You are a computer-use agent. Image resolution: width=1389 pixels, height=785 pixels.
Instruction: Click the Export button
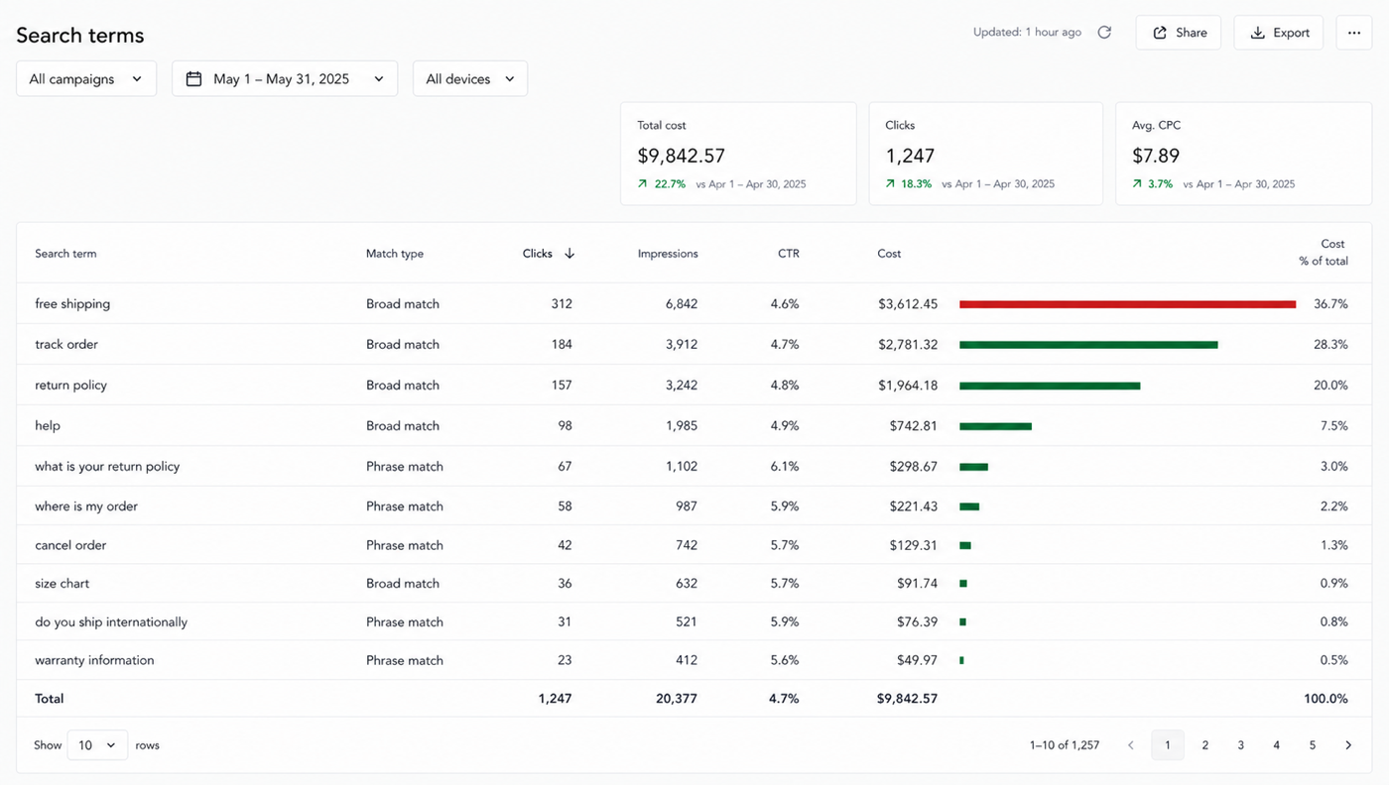pyautogui.click(x=1278, y=33)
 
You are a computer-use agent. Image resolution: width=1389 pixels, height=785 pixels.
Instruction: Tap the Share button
pyautogui.click(x=1179, y=33)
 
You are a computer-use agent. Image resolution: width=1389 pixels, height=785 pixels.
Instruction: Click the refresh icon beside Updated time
pyautogui.click(x=1104, y=33)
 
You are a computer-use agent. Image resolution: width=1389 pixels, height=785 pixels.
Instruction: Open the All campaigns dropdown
pyautogui.click(x=86, y=78)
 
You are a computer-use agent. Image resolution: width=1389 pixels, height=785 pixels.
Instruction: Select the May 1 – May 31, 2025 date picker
pyautogui.click(x=285, y=78)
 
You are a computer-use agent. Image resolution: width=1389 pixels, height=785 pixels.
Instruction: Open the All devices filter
pyautogui.click(x=470, y=78)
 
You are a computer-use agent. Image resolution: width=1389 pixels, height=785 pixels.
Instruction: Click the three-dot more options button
pyautogui.click(x=1354, y=33)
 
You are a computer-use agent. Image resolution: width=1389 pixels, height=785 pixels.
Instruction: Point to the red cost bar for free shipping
pyautogui.click(x=1127, y=304)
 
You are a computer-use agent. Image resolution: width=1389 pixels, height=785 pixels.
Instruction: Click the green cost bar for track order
pyautogui.click(x=1088, y=345)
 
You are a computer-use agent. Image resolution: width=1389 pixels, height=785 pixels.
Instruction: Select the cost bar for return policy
pyautogui.click(x=1050, y=386)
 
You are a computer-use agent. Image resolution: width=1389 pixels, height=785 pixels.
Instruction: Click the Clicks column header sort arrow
pyautogui.click(x=569, y=254)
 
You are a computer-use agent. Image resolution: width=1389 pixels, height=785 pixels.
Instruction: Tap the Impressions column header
pyautogui.click(x=668, y=254)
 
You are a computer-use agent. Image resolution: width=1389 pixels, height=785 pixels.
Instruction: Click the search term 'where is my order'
pyautogui.click(x=86, y=506)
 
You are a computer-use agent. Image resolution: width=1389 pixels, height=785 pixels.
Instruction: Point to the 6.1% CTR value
pyautogui.click(x=785, y=466)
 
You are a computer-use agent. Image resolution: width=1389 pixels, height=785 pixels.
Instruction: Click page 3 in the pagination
pyautogui.click(x=1241, y=745)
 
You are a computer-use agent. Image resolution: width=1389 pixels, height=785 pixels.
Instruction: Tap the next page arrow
pyautogui.click(x=1348, y=745)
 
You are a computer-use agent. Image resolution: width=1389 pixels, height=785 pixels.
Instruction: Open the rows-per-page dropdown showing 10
pyautogui.click(x=97, y=745)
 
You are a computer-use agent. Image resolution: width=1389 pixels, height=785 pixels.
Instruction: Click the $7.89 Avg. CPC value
pyautogui.click(x=1156, y=156)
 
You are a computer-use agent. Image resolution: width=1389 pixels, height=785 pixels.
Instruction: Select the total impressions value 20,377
pyautogui.click(x=677, y=698)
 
